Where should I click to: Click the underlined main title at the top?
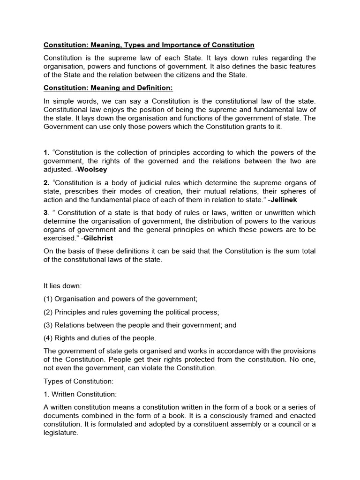tap(149, 45)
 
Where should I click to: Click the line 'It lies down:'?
tap(63, 286)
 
